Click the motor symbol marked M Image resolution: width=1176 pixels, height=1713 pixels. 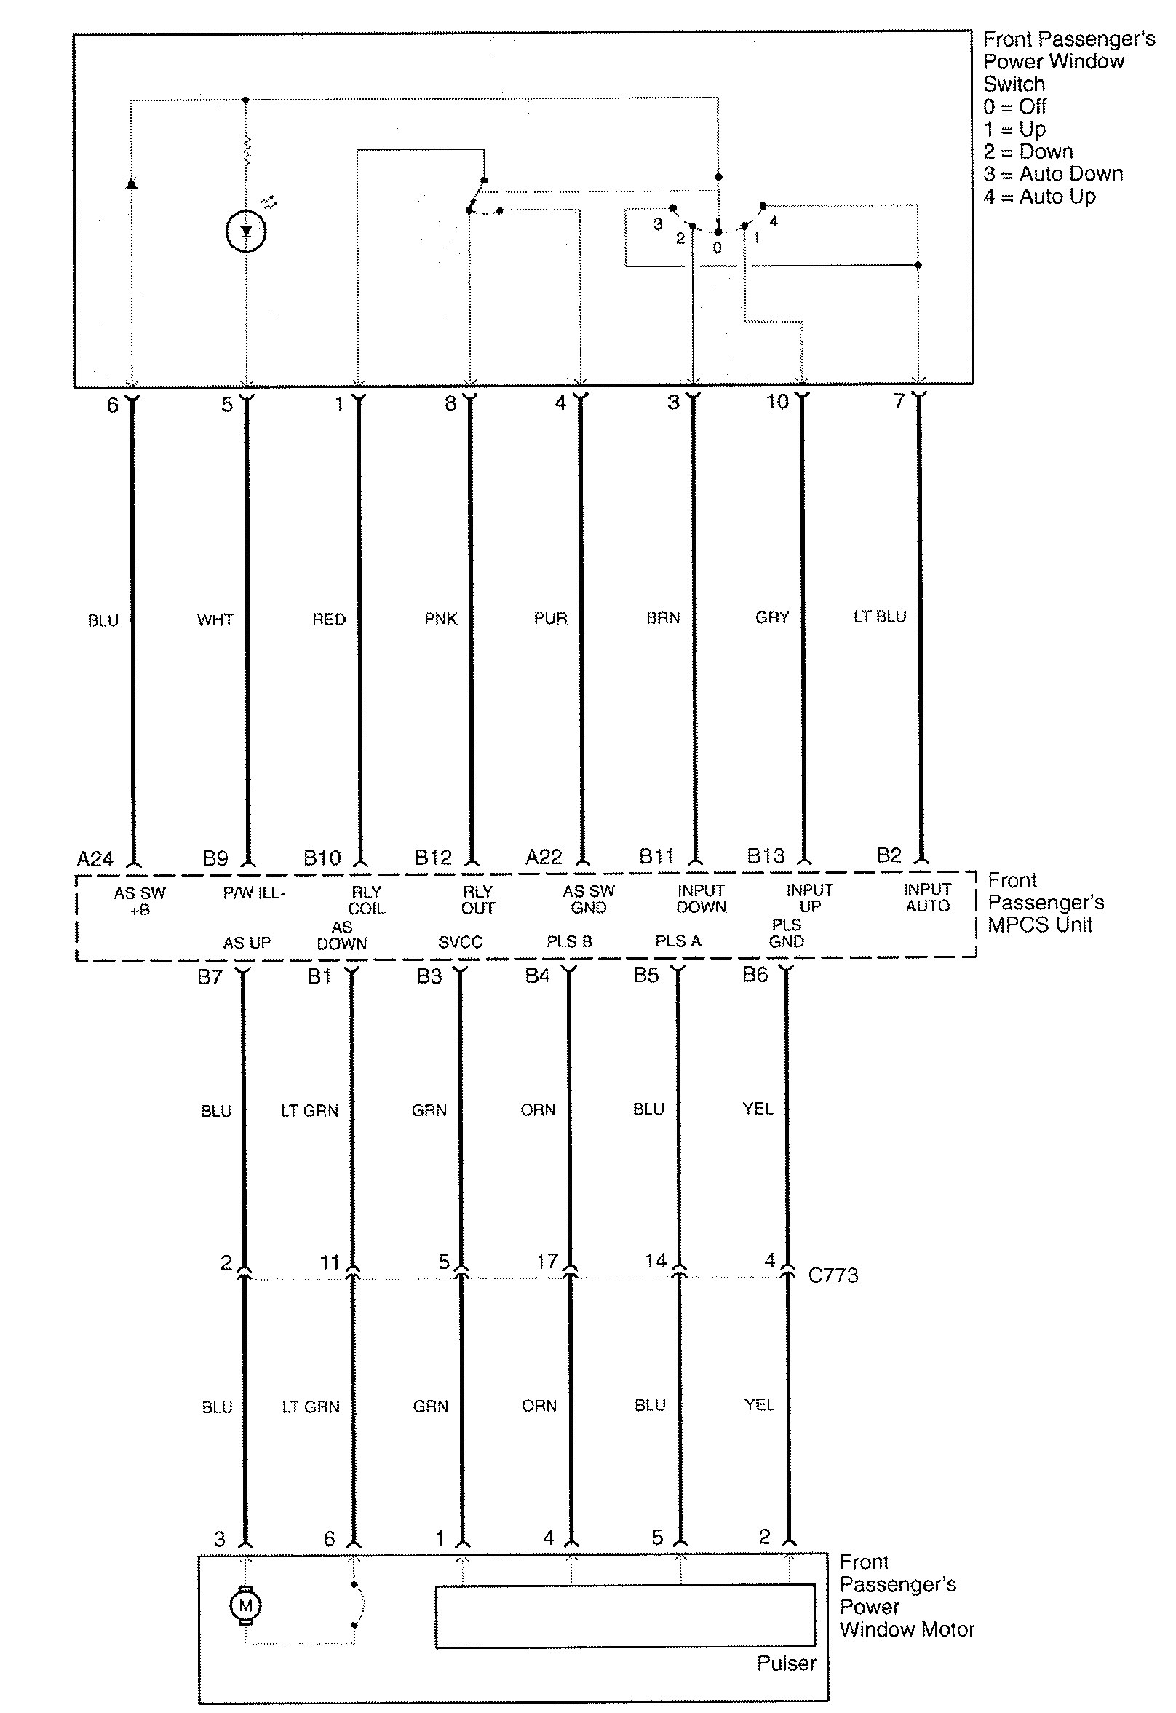[x=245, y=1605]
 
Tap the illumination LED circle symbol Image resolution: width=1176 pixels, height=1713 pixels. [x=245, y=232]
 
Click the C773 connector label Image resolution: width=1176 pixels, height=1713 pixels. [x=833, y=1275]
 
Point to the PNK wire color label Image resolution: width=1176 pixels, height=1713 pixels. [x=440, y=619]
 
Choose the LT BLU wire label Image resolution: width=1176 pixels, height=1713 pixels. [x=880, y=616]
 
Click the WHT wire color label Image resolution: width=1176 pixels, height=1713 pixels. [x=215, y=619]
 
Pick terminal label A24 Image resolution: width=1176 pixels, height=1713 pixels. [x=95, y=859]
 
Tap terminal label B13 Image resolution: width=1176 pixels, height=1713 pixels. [x=766, y=855]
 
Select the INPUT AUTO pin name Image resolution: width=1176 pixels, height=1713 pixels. [x=928, y=898]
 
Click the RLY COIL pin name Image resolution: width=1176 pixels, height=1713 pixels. [x=366, y=900]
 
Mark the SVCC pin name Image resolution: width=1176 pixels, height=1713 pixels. [x=460, y=942]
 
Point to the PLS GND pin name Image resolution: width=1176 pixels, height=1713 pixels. [x=786, y=933]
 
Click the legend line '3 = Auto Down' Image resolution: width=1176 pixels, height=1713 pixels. [x=1053, y=174]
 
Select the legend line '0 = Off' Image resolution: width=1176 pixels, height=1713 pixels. [x=1014, y=106]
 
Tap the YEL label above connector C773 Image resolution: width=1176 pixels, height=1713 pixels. [x=758, y=1109]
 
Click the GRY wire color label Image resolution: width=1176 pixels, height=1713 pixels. [x=772, y=617]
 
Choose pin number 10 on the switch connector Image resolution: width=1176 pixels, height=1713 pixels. [x=777, y=402]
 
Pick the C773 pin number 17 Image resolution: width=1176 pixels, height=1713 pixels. [x=547, y=1261]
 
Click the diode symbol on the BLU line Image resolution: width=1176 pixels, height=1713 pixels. [x=131, y=182]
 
